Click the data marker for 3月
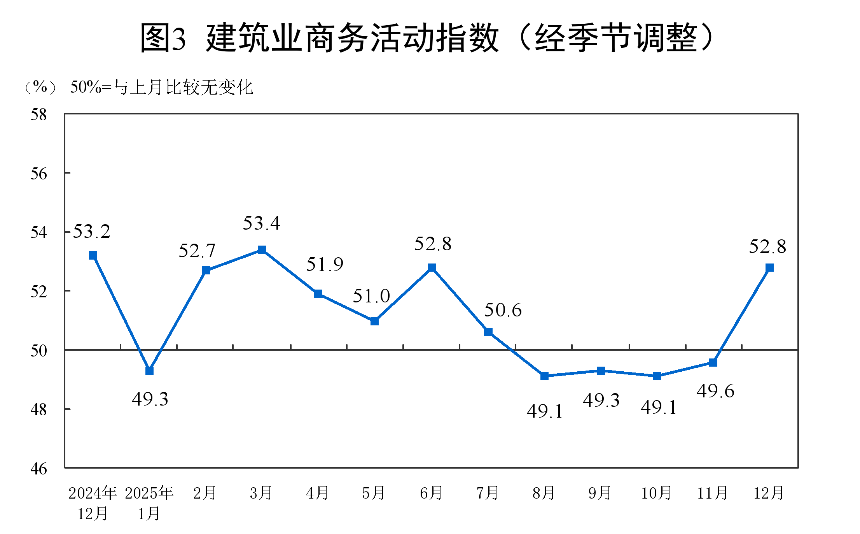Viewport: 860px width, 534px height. click(x=262, y=249)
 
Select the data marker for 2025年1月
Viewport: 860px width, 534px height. click(x=149, y=371)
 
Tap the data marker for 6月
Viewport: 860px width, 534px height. click(x=432, y=267)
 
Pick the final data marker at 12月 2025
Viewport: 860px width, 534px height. click(x=769, y=267)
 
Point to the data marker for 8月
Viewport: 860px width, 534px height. click(x=544, y=376)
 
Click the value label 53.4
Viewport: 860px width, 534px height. click(x=261, y=223)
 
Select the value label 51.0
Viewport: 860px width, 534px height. click(x=371, y=296)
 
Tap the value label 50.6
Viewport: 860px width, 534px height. click(x=503, y=310)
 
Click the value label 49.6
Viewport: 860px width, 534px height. click(x=715, y=391)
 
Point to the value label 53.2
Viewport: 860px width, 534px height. click(x=92, y=232)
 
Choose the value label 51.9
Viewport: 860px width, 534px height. click(x=325, y=265)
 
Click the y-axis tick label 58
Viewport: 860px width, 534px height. click(x=39, y=115)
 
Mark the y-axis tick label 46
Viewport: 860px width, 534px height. click(x=39, y=469)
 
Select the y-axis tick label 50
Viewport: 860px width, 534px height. click(x=39, y=351)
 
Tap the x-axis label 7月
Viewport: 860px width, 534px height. click(x=488, y=493)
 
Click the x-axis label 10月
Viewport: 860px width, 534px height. click(x=656, y=493)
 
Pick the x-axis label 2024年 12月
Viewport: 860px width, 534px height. click(x=93, y=503)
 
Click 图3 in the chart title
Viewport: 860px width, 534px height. click(x=163, y=38)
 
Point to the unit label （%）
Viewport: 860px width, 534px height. click(x=40, y=87)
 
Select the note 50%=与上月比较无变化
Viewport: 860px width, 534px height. click(x=162, y=87)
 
